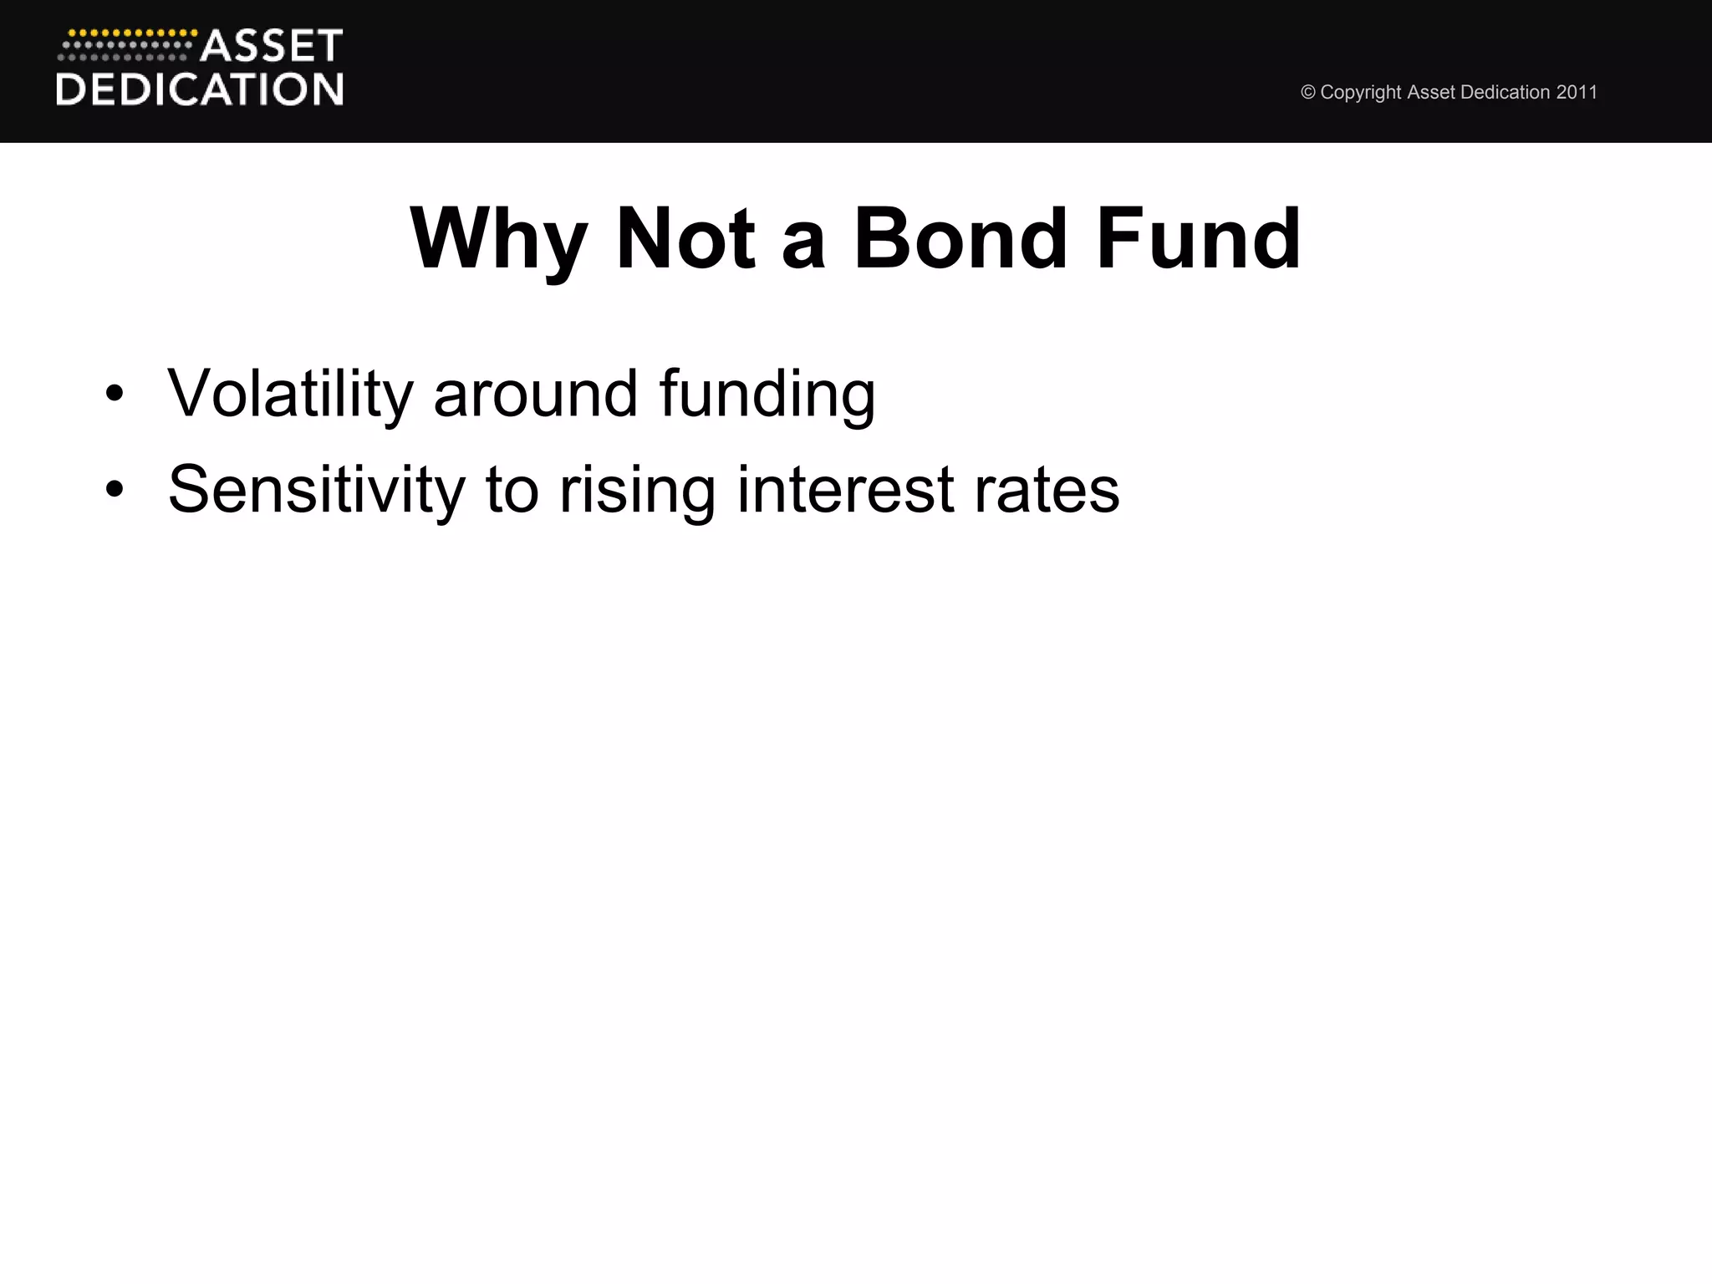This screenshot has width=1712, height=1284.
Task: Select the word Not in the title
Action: click(685, 240)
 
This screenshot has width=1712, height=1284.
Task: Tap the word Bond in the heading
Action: click(960, 240)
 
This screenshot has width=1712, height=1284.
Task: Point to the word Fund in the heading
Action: click(1199, 240)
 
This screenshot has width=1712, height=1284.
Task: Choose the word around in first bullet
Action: click(536, 394)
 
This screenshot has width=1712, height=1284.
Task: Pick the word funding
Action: click(767, 395)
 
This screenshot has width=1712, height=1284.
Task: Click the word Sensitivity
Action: click(316, 490)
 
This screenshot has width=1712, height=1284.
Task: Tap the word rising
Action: click(638, 492)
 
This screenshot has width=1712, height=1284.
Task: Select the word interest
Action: click(845, 490)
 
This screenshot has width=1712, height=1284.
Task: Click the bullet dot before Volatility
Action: click(115, 394)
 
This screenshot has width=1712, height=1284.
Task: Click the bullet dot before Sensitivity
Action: click(115, 490)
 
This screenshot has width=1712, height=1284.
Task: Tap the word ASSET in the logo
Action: click(272, 46)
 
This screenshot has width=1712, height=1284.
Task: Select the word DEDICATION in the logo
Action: click(200, 89)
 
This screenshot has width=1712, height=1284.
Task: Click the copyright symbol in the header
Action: click(1308, 93)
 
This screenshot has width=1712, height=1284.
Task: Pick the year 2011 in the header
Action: click(1577, 93)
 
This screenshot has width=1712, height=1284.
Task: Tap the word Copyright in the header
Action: click(1361, 93)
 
